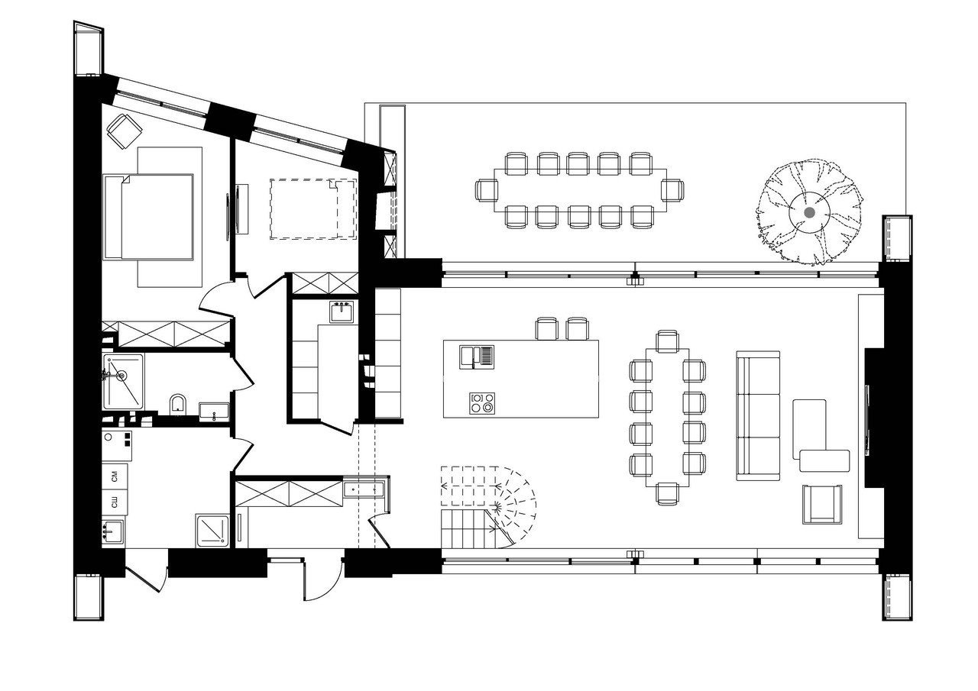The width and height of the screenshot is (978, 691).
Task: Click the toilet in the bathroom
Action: coord(177,404)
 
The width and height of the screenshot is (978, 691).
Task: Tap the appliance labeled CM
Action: coord(115,477)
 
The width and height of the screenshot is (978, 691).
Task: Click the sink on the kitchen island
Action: coord(477,357)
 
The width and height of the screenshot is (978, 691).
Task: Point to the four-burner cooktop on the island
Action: coord(482,403)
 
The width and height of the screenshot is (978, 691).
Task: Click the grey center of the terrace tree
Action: coord(809,212)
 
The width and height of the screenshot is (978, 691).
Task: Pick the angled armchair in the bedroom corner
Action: coord(124,131)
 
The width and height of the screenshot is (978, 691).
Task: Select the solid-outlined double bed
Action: coord(148,217)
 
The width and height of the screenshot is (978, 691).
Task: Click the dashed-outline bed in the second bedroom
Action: coord(313,208)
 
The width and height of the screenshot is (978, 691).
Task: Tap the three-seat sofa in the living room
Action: coord(758,415)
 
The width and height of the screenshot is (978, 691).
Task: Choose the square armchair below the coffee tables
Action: coord(822,504)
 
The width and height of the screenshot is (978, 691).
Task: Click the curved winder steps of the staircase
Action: coord(515,506)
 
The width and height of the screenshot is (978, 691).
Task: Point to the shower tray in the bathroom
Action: coord(123,381)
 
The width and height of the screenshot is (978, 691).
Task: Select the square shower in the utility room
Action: coord(212,530)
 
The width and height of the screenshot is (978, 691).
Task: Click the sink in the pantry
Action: coord(342,312)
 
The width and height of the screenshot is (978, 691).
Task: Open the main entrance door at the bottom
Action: coord(322,580)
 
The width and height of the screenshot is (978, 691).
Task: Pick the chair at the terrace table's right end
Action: coord(672,190)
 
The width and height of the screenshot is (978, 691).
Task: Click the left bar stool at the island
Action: coord(546,328)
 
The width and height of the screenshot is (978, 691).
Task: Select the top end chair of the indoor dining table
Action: coord(668,341)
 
